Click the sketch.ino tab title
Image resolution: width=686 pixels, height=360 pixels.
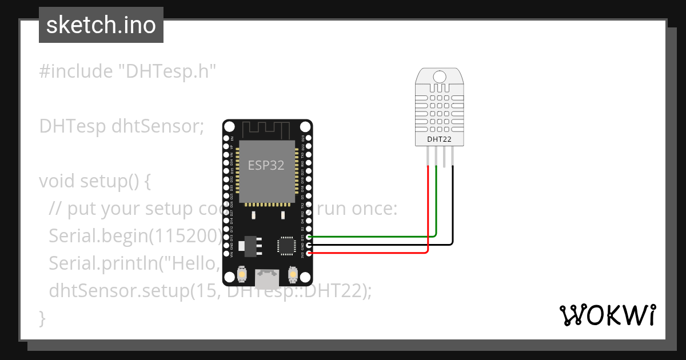click(x=101, y=25)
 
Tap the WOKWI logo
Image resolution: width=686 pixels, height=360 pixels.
click(x=607, y=315)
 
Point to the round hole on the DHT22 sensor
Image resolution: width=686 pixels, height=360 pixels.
click(x=440, y=77)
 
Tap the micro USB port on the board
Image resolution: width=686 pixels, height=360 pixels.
click(x=268, y=279)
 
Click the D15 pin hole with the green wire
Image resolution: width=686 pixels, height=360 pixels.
click(x=309, y=237)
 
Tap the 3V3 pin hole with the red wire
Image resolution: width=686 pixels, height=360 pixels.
click(x=309, y=252)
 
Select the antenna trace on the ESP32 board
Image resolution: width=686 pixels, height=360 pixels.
click(x=267, y=129)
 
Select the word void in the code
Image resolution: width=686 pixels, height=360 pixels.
click(x=57, y=181)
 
